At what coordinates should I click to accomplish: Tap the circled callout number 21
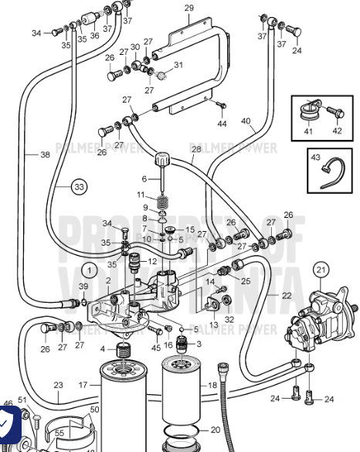321,269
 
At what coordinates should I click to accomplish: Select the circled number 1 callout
91,270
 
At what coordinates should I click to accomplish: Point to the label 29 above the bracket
189,8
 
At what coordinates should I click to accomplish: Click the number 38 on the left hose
45,155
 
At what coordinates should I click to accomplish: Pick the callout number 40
246,121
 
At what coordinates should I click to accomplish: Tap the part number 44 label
222,124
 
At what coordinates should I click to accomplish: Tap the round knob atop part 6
162,161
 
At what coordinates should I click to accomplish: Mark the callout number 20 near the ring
216,430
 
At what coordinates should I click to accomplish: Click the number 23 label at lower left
58,385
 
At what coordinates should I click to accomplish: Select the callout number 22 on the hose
286,296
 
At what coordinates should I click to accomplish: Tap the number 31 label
178,65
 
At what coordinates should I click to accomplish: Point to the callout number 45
157,347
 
